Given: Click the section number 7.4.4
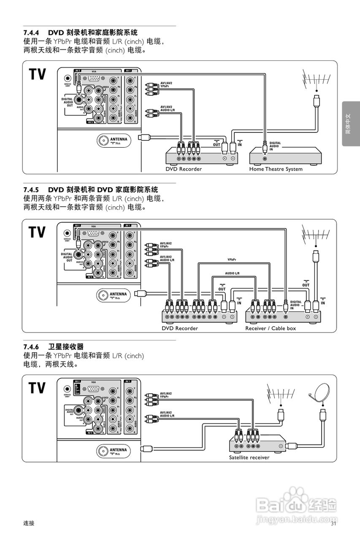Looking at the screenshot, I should (31, 32).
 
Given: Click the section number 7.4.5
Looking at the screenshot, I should (31, 189).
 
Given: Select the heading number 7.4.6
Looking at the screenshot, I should (31, 346).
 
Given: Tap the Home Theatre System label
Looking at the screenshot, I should (276, 169).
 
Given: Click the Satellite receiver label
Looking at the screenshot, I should (249, 457).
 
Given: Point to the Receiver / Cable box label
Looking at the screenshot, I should (271, 328).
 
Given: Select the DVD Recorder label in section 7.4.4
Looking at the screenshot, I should (184, 169).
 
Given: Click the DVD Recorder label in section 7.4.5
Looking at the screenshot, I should (180, 328).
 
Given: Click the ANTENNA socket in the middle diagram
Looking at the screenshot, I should (103, 294).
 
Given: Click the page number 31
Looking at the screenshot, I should (333, 524).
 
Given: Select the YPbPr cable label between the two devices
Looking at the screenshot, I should (232, 260).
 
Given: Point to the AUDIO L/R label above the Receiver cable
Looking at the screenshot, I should (232, 273).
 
